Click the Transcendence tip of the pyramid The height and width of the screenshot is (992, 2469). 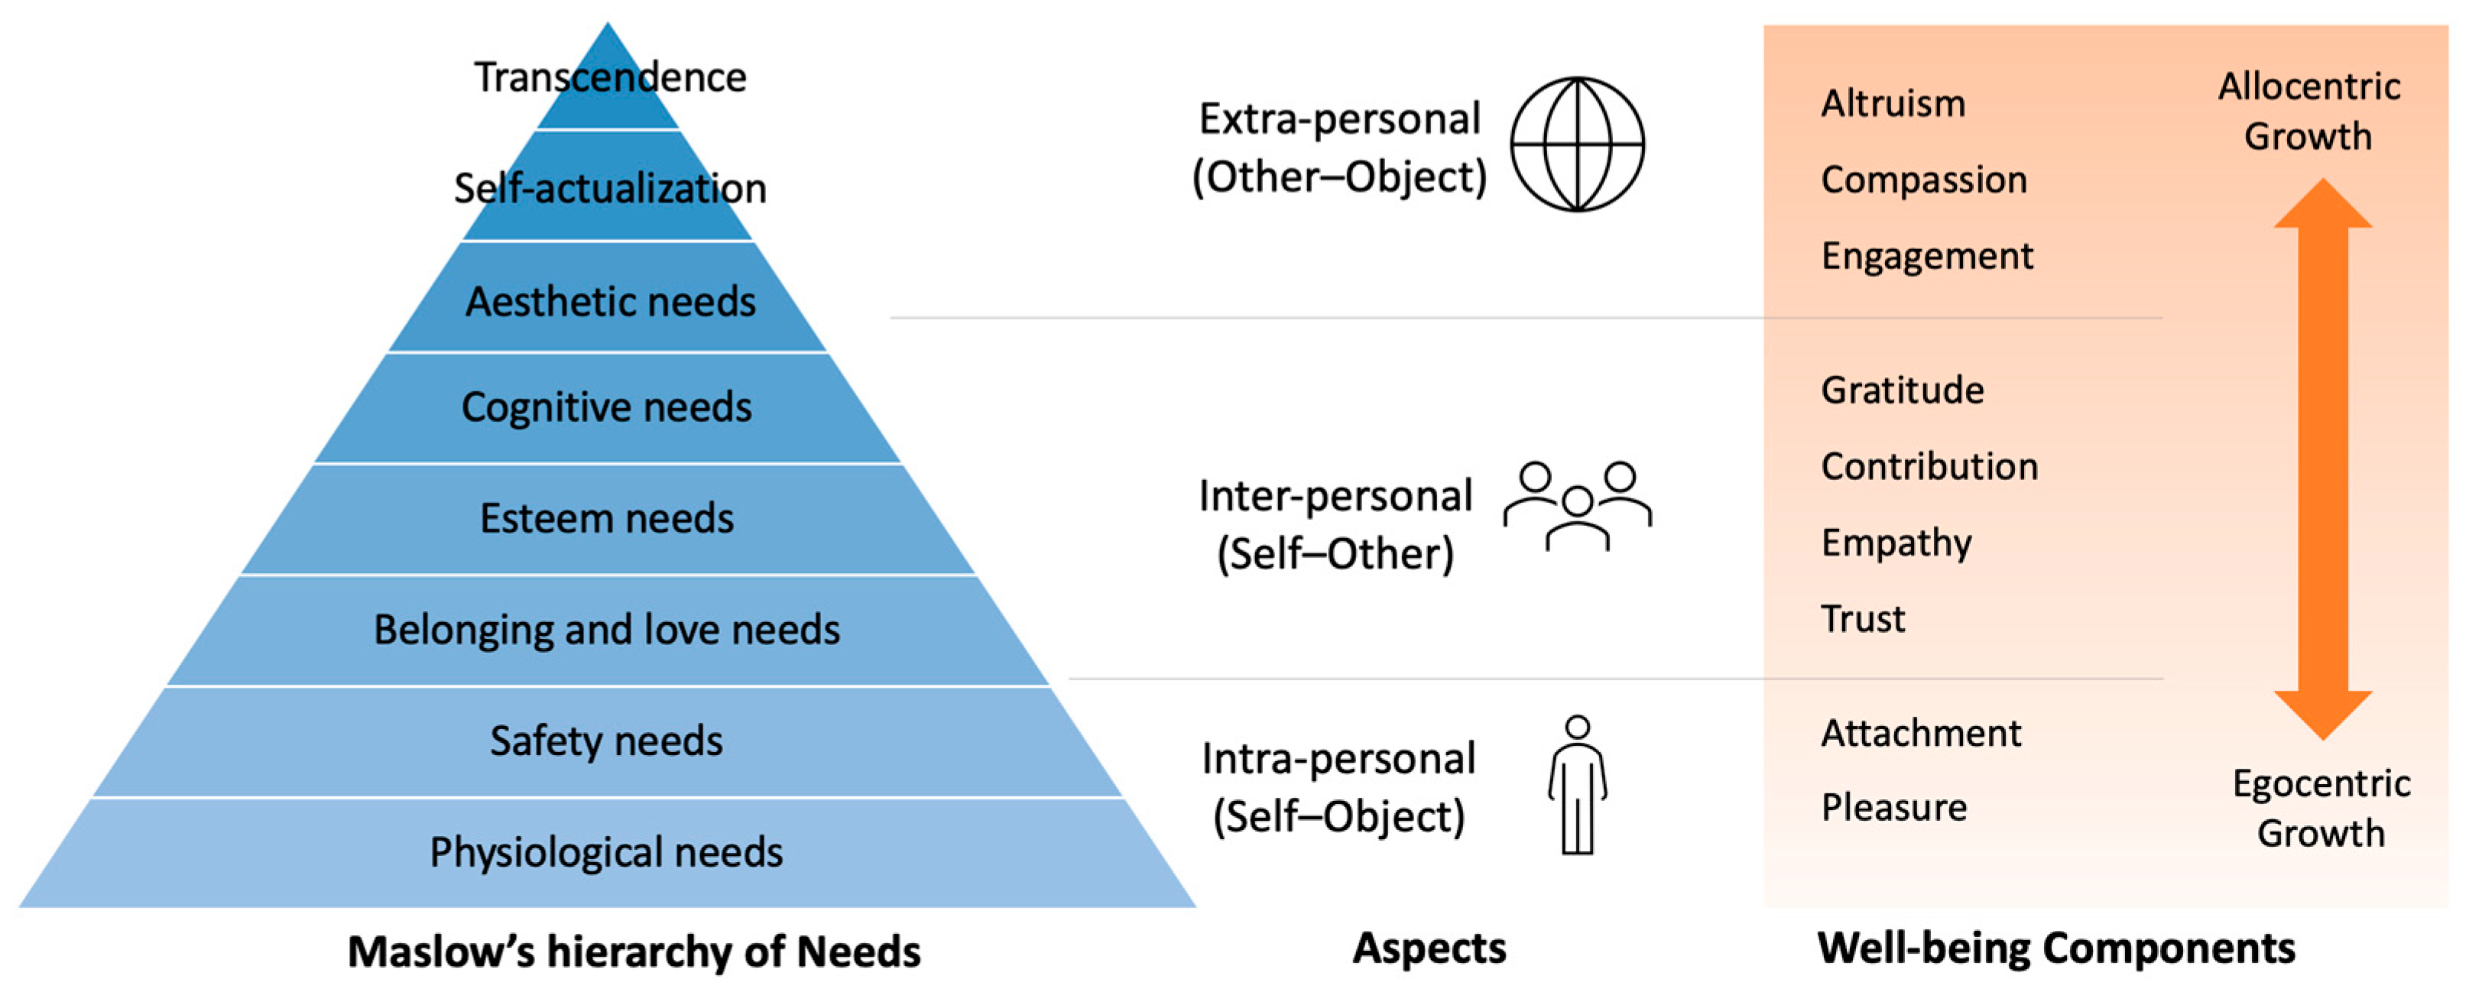(608, 82)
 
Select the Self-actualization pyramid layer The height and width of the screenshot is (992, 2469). (608, 188)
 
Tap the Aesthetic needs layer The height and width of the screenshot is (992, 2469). (608, 300)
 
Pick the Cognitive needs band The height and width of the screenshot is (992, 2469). (607, 407)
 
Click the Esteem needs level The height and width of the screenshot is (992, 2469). (607, 518)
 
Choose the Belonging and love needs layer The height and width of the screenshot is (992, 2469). (607, 630)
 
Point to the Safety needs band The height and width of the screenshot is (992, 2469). (607, 741)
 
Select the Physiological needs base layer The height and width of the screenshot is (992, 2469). (607, 852)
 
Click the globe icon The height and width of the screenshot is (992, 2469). (1577, 144)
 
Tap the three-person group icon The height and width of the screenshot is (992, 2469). (1577, 505)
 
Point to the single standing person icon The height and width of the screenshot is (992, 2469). (1577, 784)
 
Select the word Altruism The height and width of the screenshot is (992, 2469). (1893, 103)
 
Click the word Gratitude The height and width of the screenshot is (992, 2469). (1902, 390)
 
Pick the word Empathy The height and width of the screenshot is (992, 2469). (1896, 543)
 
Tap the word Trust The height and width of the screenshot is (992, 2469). (1862, 619)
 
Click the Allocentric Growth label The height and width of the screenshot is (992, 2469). (2309, 111)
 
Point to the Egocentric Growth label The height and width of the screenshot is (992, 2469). (2321, 808)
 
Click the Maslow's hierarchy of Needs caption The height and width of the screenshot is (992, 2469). (634, 951)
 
